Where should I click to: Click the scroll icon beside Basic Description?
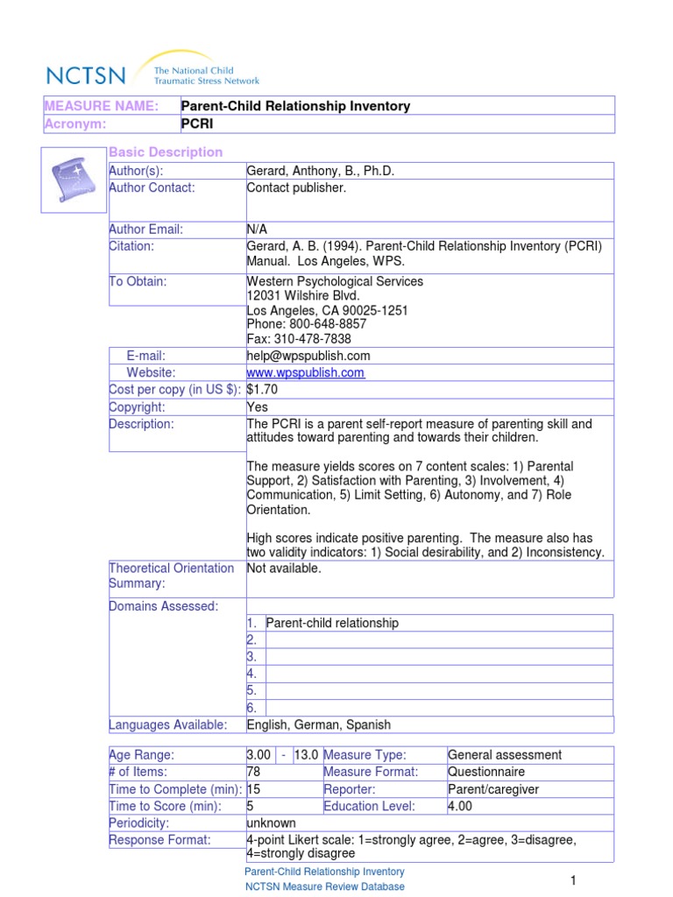pyautogui.click(x=74, y=180)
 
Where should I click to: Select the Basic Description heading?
pyautogui.click(x=166, y=152)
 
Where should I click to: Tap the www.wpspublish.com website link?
pyautogui.click(x=306, y=373)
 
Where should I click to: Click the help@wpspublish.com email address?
pyautogui.click(x=308, y=356)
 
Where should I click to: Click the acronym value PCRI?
pyautogui.click(x=197, y=124)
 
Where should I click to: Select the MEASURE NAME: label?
pyautogui.click(x=102, y=106)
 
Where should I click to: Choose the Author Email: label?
pyautogui.click(x=145, y=230)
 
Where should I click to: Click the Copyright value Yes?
pyautogui.click(x=258, y=407)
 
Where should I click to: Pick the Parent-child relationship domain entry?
pyautogui.click(x=332, y=623)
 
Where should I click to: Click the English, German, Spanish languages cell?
pyautogui.click(x=319, y=724)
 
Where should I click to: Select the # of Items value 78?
pyautogui.click(x=255, y=772)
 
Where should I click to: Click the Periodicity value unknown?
pyautogui.click(x=272, y=823)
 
